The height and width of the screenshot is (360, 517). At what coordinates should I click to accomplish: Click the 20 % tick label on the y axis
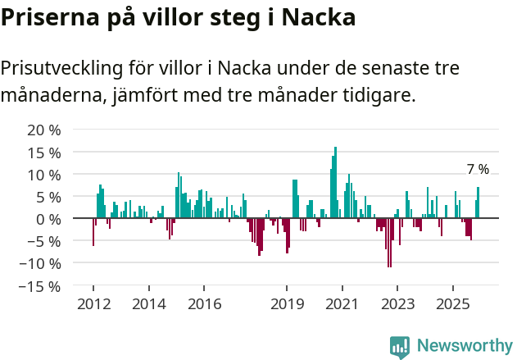tap(44, 130)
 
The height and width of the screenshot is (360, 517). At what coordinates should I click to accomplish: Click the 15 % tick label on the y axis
tap(44, 153)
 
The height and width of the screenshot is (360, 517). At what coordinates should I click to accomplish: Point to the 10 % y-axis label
tap(44, 175)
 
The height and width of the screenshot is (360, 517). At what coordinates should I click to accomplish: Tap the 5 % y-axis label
tap(48, 197)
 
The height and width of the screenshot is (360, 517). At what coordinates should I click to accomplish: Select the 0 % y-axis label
tap(48, 219)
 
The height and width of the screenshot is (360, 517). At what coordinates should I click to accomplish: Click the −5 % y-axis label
tap(44, 241)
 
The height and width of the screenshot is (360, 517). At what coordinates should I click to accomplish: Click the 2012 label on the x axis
tap(93, 304)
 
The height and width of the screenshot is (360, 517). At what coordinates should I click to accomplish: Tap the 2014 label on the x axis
tap(148, 304)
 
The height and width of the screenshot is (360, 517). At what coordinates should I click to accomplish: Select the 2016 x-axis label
tap(204, 304)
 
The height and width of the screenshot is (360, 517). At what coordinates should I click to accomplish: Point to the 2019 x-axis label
tap(287, 304)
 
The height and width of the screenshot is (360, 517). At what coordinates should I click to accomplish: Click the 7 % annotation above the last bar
tap(478, 170)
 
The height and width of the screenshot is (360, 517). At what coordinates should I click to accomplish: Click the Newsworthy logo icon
tap(400, 347)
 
